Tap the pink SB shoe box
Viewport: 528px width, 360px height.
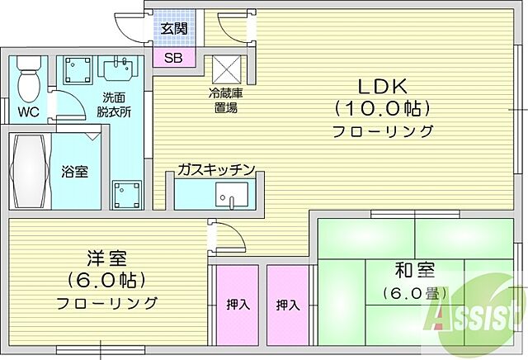173,58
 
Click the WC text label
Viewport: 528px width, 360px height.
28,111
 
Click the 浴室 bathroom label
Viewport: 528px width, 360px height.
75,172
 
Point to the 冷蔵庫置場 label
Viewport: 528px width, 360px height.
225,100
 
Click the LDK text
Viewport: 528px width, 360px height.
381,85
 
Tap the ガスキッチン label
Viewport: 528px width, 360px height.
215,170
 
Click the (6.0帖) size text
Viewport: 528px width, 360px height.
107,279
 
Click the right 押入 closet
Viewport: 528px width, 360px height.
287,305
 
